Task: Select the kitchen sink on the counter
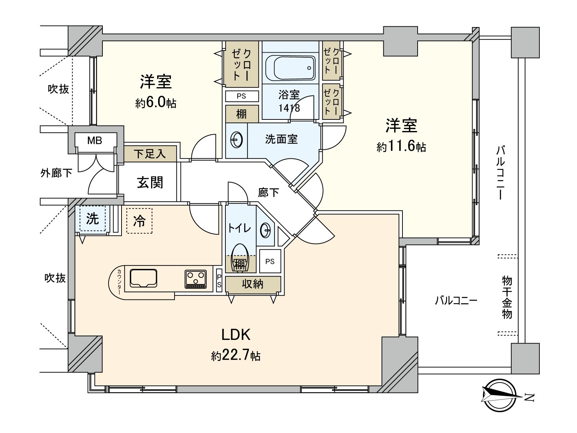point(144,278)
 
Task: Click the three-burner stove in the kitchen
point(196,279)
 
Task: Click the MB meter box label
point(95,140)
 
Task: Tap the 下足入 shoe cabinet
point(150,154)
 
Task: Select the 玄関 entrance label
point(150,182)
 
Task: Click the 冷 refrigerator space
point(140,220)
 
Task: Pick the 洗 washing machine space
point(92,218)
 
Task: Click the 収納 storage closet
point(253,284)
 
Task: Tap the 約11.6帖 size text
point(401,147)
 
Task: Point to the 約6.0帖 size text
point(156,104)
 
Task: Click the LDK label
point(235,335)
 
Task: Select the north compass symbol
point(499,395)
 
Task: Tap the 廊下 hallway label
point(268,193)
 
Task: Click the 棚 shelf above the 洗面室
point(242,114)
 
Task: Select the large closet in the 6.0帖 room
point(241,64)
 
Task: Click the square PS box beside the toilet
point(270,262)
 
